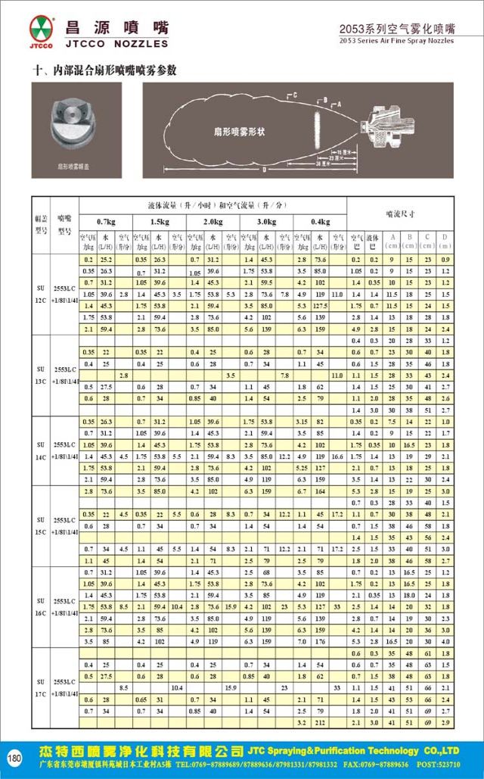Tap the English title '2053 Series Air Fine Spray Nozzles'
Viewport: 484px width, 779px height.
point(396,42)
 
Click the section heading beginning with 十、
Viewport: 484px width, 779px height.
point(105,70)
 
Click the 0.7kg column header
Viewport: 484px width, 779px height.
point(105,221)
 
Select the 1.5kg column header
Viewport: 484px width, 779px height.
point(158,221)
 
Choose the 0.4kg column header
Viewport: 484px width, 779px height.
point(320,221)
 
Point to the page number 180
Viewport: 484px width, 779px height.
point(14,758)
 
